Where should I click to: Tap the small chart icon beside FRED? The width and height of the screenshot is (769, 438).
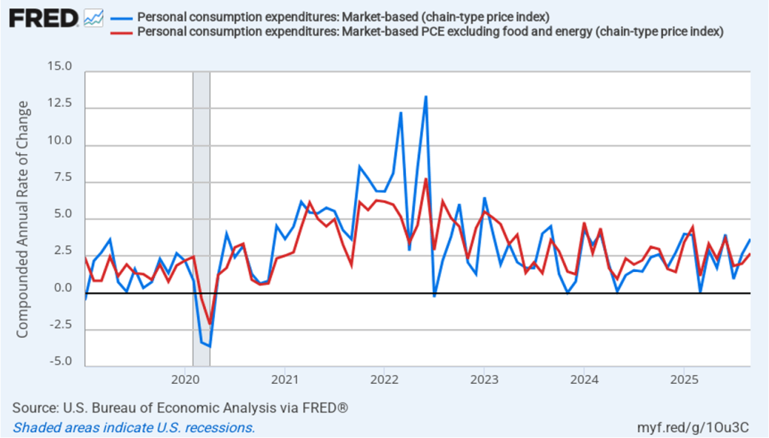[x=94, y=17]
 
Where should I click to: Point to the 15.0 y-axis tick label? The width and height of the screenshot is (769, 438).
[x=60, y=68]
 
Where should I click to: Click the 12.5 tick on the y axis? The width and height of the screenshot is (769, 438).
[x=60, y=104]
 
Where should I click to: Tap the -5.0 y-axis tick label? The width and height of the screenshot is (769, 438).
[x=60, y=362]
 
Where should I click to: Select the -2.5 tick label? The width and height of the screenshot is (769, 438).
[x=60, y=325]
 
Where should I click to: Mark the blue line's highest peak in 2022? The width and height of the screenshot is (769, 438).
[x=425, y=97]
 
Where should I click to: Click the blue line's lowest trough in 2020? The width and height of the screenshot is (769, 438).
[x=210, y=346]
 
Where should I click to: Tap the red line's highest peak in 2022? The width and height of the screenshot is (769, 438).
[x=425, y=179]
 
